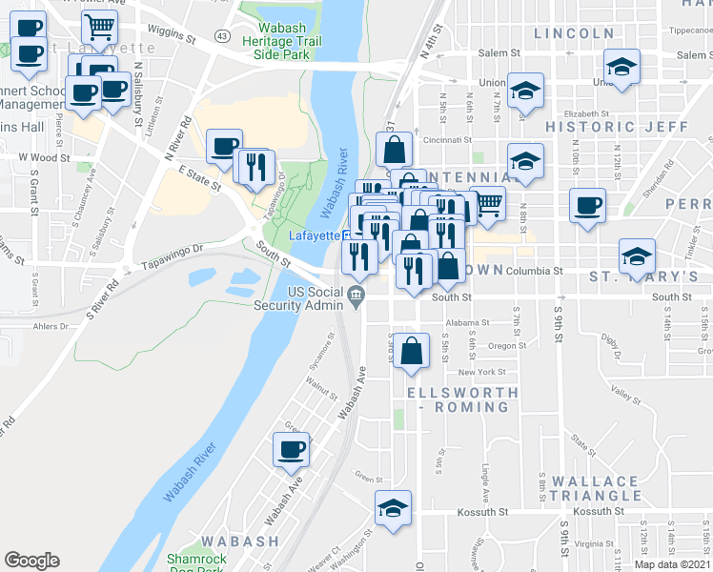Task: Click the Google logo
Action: (31, 561)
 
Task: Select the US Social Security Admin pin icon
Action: (357, 296)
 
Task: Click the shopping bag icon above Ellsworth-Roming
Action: (411, 349)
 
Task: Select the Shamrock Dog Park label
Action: (195, 564)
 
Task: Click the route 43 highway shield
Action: (222, 35)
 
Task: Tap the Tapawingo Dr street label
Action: (172, 252)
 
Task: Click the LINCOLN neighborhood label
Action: (574, 33)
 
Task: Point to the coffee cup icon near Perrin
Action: (588, 204)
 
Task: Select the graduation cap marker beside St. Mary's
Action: (637, 255)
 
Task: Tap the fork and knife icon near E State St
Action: (255, 167)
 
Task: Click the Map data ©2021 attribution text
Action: (672, 564)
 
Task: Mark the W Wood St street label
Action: (44, 157)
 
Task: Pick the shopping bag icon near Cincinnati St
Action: (394, 149)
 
